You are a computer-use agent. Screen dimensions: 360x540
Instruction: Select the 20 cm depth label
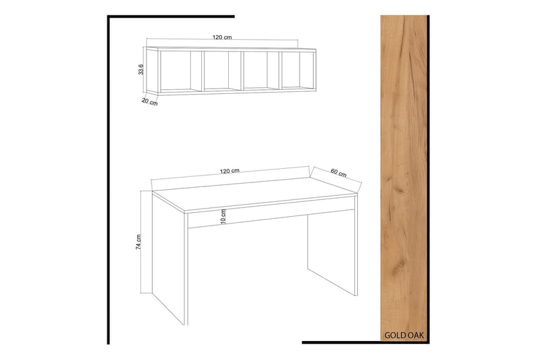coord(150,102)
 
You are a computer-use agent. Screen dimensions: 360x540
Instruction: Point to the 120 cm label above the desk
coord(230,170)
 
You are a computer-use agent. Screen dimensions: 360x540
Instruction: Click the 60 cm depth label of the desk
coord(337,172)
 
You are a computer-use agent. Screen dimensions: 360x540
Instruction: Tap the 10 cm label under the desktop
coord(223,217)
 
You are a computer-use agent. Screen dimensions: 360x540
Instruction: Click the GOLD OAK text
coord(404,334)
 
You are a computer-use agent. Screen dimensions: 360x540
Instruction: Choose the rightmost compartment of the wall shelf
coord(297,70)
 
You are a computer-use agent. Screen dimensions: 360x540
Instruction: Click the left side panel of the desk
coord(169,263)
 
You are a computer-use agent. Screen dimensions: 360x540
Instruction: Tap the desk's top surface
coord(256,192)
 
